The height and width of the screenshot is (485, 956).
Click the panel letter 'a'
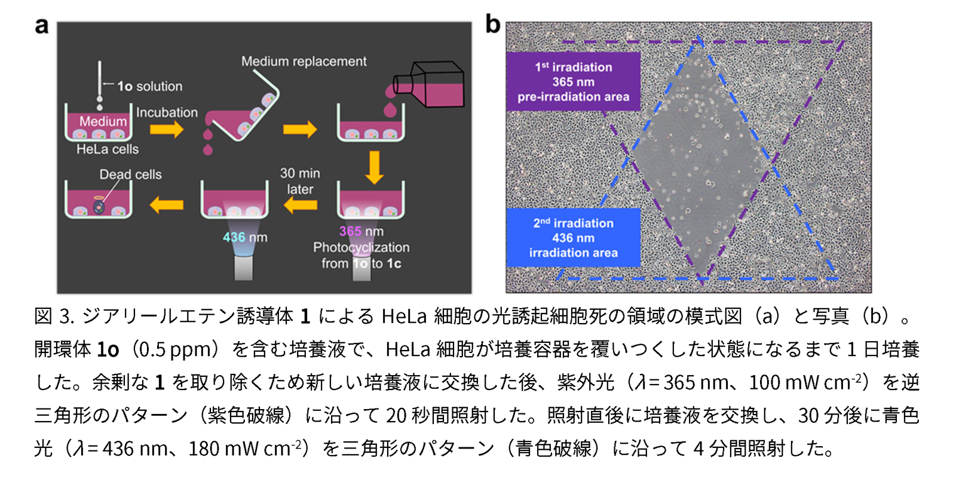pos(42,26)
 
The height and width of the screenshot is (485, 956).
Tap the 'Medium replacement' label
pos(304,62)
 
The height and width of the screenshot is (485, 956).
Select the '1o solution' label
pos(149,86)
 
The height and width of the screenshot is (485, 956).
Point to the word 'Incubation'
pos(167,112)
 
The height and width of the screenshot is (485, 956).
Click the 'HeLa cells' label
pos(108,149)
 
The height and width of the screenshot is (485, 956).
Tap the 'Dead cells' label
pos(131,174)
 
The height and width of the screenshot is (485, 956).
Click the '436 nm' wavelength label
pos(245,237)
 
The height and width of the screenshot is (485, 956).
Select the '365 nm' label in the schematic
pos(361,231)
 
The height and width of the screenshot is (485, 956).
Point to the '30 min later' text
pos(300,181)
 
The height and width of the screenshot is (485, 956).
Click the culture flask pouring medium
pos(428,84)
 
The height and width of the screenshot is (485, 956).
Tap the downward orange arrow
pos(374,168)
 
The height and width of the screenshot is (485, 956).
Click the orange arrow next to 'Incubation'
pos(167,130)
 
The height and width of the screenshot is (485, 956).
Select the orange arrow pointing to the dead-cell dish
pos(167,205)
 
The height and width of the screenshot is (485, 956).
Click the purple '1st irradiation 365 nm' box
pos(573,81)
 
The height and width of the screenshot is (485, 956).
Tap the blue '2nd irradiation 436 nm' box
pos(573,238)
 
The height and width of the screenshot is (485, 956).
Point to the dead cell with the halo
pos(99,207)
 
